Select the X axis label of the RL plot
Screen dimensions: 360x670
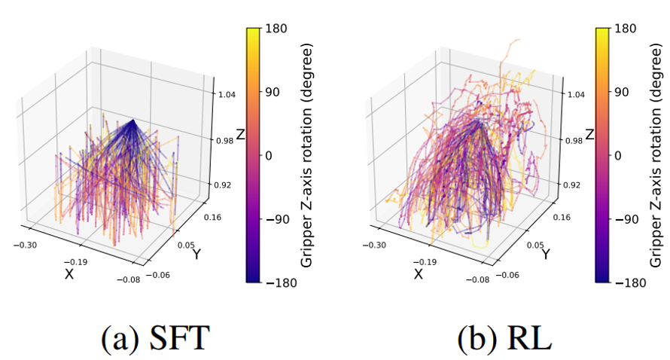coord(418,274)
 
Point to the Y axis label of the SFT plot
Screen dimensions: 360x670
coord(196,255)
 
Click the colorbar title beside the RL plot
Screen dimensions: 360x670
coord(657,155)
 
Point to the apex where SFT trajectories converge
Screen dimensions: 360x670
coord(132,120)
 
